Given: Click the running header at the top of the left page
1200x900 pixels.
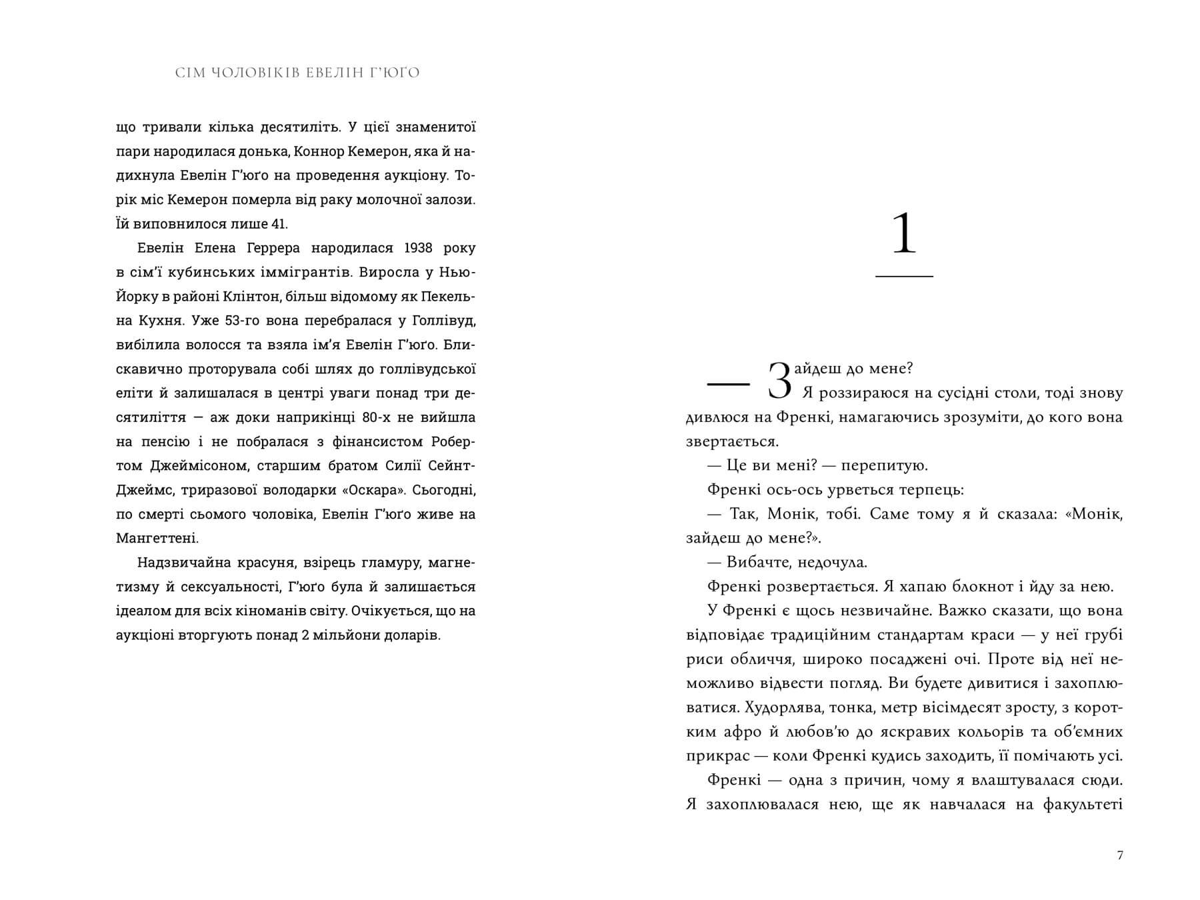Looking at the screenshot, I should pos(297,73).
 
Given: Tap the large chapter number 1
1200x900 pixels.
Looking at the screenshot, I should pos(904,234).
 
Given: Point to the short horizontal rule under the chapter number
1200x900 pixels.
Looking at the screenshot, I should pos(904,276).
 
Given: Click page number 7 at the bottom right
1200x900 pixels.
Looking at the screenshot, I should pos(1120,855).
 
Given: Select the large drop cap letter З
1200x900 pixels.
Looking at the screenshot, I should pos(780,381).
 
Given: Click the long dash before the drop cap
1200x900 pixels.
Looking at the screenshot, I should pos(729,385).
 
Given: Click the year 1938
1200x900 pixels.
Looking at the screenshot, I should pos(418,248).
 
